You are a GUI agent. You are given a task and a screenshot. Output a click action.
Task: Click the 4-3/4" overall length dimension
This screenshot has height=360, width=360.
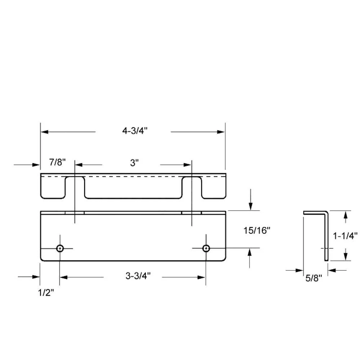pos(135,131)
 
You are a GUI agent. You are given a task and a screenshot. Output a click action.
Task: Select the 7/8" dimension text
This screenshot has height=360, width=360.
pos(57,162)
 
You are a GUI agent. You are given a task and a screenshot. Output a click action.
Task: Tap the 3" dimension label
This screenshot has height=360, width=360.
pos(135,163)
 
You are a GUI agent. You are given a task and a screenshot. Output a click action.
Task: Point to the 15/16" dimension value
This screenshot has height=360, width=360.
pos(257,230)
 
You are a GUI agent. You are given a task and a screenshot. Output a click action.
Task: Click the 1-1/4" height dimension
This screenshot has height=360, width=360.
pos(345,235)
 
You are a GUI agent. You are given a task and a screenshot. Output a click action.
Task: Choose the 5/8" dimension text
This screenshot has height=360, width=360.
pos(314,278)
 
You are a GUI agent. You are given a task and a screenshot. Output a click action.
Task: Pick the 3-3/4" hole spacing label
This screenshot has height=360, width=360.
pos(138,275)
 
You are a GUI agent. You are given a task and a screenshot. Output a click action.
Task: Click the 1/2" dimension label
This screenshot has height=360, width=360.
pos(46,292)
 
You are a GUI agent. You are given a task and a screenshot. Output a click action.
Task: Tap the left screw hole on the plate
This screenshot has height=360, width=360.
pos(60,248)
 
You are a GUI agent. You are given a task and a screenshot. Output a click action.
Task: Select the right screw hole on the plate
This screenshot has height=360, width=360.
pos(206,248)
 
